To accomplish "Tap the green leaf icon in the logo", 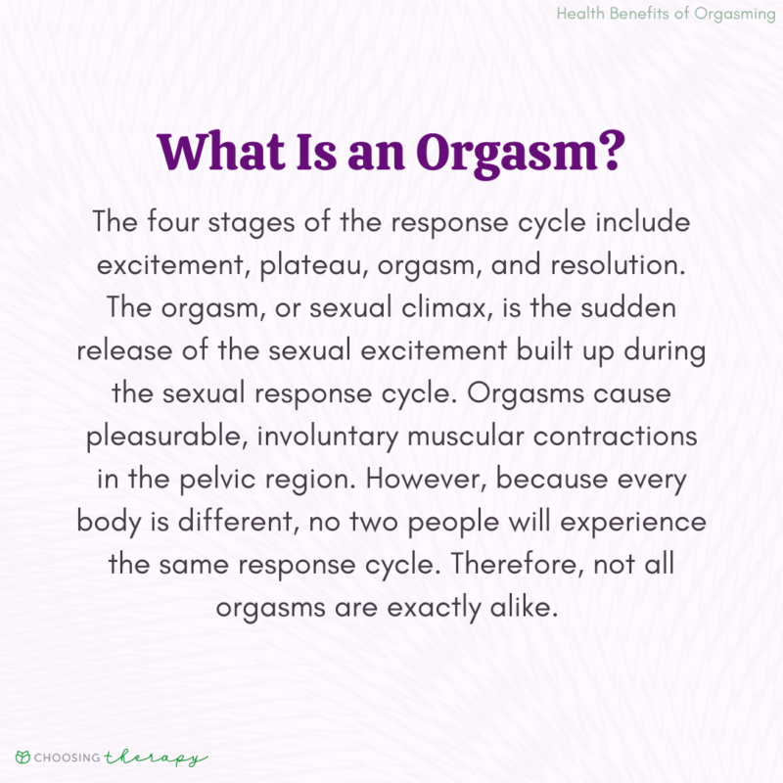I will point(23,756).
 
